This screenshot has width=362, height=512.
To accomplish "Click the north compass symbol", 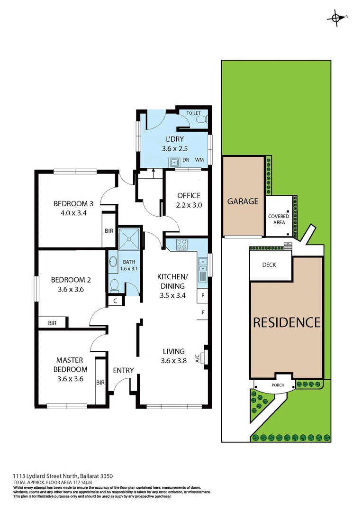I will click(336, 18).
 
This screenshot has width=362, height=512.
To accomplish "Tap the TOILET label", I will click(193, 113).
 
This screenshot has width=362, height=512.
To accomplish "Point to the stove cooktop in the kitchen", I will click(181, 245).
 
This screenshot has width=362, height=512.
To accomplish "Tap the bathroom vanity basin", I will click(113, 262).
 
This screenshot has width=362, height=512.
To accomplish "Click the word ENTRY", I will click(123, 370).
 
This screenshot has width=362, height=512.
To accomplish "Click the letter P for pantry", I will click(202, 295).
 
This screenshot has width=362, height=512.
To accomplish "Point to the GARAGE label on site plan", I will click(243, 201).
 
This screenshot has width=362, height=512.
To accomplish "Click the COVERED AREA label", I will click(279, 219).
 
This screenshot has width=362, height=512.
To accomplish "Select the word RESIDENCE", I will click(287, 323).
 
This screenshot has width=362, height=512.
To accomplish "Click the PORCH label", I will click(278, 385).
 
